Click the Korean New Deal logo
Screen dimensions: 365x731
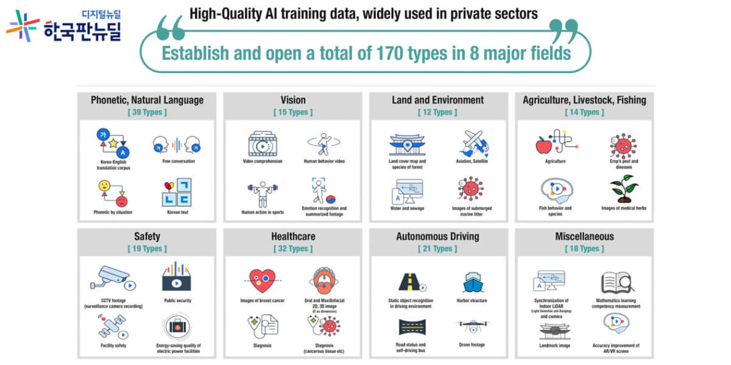point(63,26)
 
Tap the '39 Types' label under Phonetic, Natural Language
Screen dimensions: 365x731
point(147,112)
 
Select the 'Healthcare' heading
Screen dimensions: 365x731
point(293,236)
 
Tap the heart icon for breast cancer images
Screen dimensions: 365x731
point(262,279)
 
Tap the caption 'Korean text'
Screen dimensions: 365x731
point(178,212)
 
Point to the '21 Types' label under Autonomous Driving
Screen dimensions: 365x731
point(437,248)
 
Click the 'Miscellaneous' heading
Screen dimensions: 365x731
point(584,236)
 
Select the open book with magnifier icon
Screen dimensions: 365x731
point(618,282)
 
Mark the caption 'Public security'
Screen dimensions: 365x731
point(178,300)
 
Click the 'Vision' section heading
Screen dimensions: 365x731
point(293,100)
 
